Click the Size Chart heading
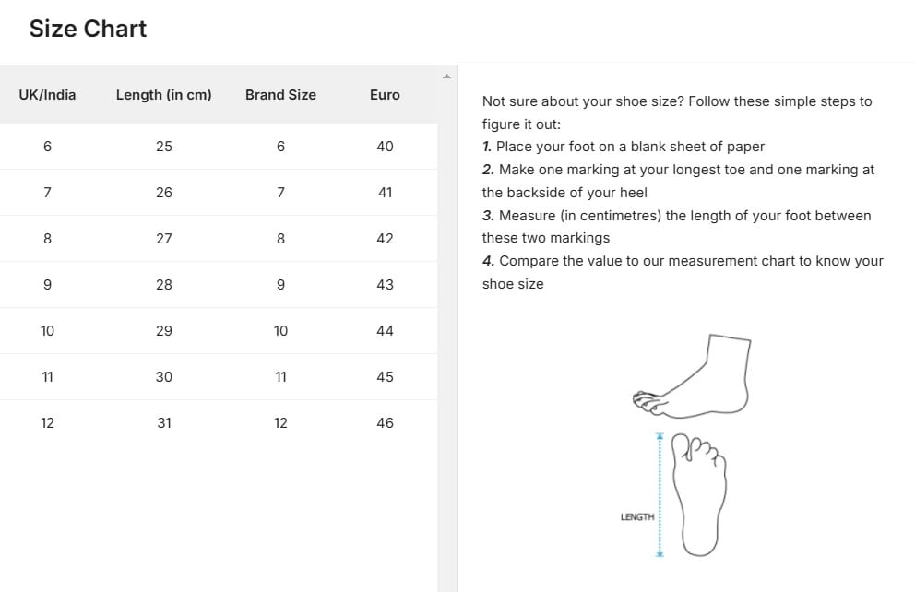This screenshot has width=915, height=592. coord(88,29)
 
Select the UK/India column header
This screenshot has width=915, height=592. coord(47,95)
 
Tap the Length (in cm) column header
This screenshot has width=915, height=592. coord(163,95)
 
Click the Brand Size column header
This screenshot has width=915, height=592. coord(280,95)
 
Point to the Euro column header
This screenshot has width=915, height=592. coord(385,95)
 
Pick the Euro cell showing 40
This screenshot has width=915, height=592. coord(385,147)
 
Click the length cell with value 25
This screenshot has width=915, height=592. coord(164,147)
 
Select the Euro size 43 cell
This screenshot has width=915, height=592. coord(385,285)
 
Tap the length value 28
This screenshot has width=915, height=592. coord(164,285)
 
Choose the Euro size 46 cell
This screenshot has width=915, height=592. coord(385,423)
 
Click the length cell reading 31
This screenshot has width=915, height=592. coord(164,423)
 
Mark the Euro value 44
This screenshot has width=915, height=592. coord(385,331)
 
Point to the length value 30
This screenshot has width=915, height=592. coord(164,377)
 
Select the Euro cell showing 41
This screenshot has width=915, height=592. coord(385,193)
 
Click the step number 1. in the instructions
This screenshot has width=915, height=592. coord(487,147)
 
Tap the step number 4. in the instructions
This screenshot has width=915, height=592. coord(488,261)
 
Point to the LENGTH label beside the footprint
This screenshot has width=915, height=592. coord(637,517)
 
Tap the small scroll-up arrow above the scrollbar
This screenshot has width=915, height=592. coord(446,76)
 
